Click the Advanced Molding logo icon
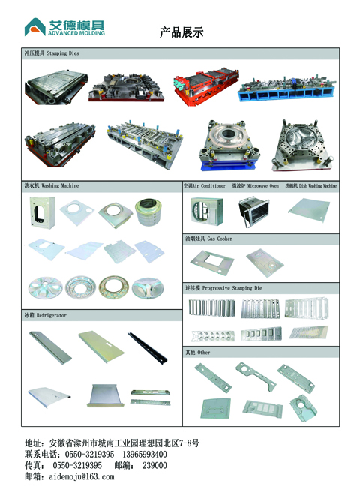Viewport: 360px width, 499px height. pos(34,28)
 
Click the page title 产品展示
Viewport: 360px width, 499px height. pos(181,32)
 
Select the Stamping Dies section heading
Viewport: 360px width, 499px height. pos(52,53)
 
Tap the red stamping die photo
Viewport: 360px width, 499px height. pos(206,85)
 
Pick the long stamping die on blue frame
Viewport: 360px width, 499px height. pos(286,89)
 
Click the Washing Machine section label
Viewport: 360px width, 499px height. pos(52,185)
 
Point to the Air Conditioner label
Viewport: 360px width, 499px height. pos(205,185)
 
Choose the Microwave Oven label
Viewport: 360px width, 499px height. pos(255,185)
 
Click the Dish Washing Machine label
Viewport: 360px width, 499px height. pos(310,185)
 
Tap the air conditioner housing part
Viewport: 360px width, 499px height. pos(207,212)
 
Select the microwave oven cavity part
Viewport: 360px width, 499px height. pos(253,212)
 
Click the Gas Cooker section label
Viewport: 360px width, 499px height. pos(208,239)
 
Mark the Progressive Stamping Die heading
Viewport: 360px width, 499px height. pos(223,288)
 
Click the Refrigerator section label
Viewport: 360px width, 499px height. pos(46,315)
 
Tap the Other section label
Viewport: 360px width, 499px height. pos(197,352)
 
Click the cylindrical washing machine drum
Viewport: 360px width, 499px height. pos(148,212)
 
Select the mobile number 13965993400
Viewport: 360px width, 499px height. pos(145,455)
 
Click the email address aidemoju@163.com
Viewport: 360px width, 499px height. pos(82,476)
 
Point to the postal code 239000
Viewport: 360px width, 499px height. pos(154,465)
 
